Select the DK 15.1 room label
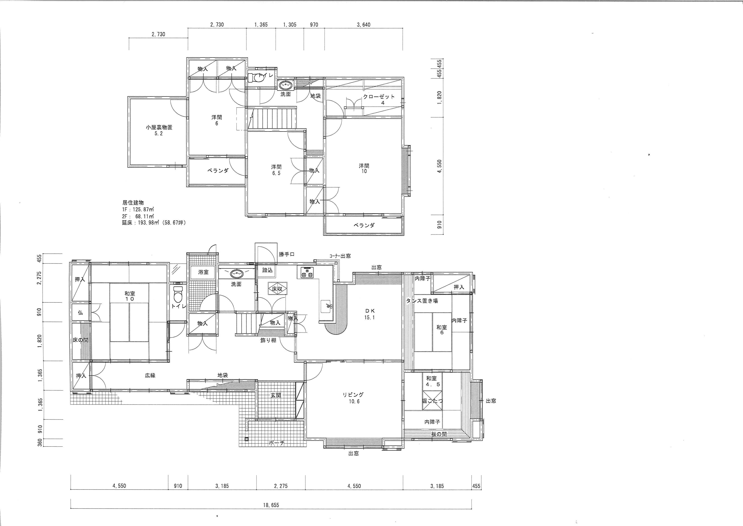[369, 314]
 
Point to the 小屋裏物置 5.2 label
[159, 130]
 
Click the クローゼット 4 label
[379, 99]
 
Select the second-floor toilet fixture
[257, 78]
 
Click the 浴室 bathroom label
[203, 272]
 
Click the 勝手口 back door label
[286, 255]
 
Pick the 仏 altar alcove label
[80, 313]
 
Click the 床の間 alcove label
[80, 340]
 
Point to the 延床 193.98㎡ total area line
[154, 223]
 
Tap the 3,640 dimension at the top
[363, 25]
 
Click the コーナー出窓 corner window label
[340, 256]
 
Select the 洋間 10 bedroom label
[364, 168]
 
